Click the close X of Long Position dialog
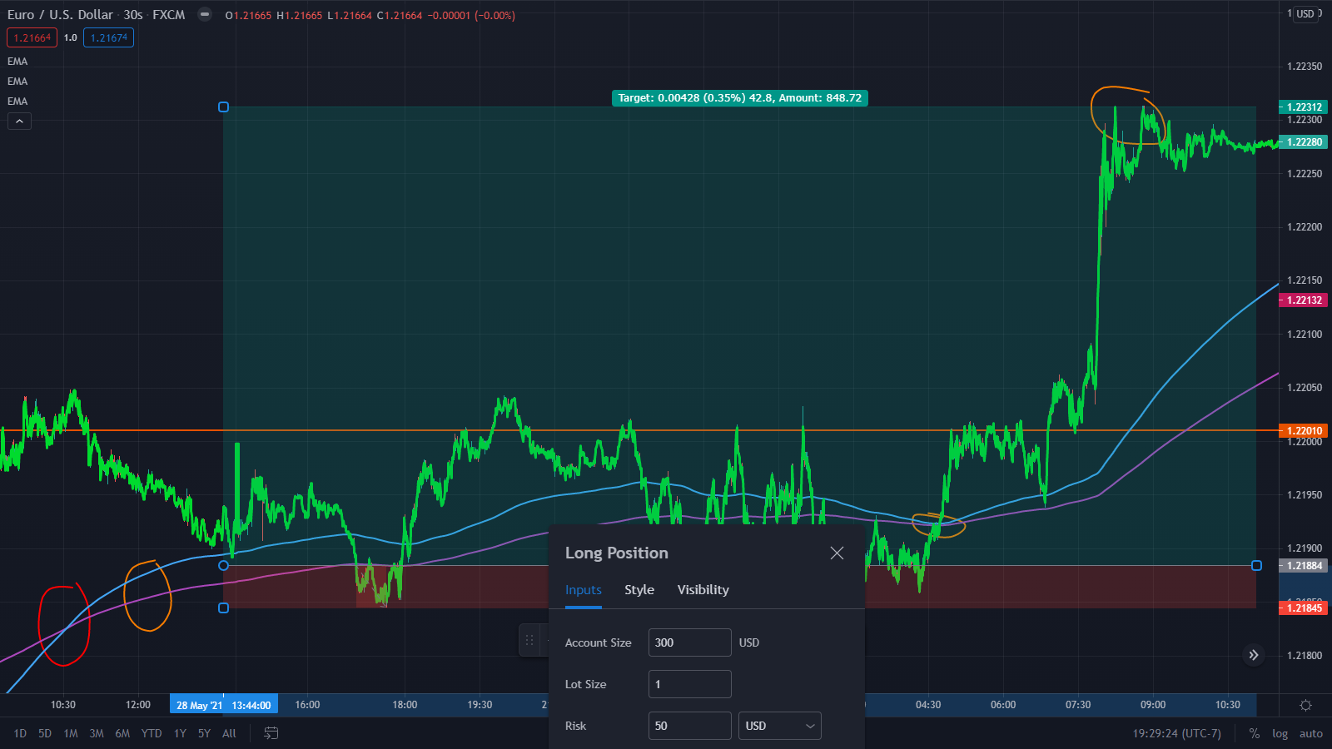(837, 553)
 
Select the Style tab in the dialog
(639, 590)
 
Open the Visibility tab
(703, 590)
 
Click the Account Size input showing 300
(690, 642)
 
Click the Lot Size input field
(690, 684)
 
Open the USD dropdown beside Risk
(779, 726)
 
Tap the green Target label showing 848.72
(740, 98)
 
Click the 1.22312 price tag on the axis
(1305, 107)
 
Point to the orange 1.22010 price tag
(1305, 430)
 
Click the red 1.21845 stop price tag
(1305, 608)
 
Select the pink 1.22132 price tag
(1305, 300)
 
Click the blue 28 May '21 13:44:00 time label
(224, 705)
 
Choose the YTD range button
(151, 733)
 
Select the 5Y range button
(204, 733)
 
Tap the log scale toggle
(1280, 733)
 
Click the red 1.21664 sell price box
(32, 38)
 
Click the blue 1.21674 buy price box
(109, 38)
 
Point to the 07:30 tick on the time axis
(1078, 705)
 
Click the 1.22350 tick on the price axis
(1305, 67)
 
